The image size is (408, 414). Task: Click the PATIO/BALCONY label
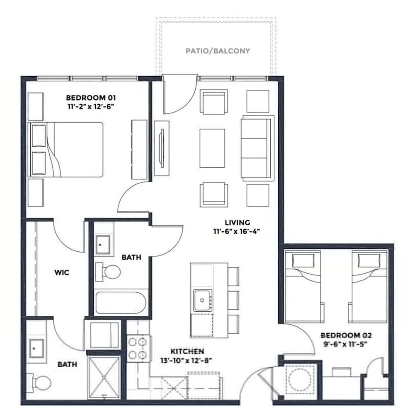click(x=217, y=51)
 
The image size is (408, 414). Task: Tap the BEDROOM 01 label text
click(x=91, y=98)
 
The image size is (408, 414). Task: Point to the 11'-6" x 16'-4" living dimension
click(x=237, y=231)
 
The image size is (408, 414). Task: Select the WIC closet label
click(x=62, y=272)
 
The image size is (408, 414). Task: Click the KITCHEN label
click(x=187, y=351)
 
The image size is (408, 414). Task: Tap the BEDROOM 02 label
click(x=346, y=335)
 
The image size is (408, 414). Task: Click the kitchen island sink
click(x=202, y=300)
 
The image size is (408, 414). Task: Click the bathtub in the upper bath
click(x=121, y=303)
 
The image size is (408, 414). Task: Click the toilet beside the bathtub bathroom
click(x=108, y=272)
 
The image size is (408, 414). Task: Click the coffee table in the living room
click(x=212, y=148)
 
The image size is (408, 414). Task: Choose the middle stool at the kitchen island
click(x=233, y=300)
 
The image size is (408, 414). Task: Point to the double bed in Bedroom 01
click(x=66, y=149)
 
